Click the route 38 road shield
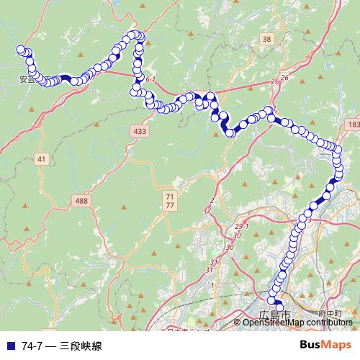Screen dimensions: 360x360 pos(267,39)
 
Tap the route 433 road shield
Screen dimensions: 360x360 pos(140,131)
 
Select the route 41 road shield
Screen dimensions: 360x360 pos(41,158)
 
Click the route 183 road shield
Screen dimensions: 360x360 pos(352,125)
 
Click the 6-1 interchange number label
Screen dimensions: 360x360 pos(150,79)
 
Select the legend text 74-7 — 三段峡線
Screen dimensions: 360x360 pos(62,346)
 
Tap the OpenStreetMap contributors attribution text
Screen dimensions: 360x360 pos(297,322)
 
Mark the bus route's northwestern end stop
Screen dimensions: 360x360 pos(21,50)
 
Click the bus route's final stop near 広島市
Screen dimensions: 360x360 pos(279,308)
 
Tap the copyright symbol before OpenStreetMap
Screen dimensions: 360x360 pos(238,322)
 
